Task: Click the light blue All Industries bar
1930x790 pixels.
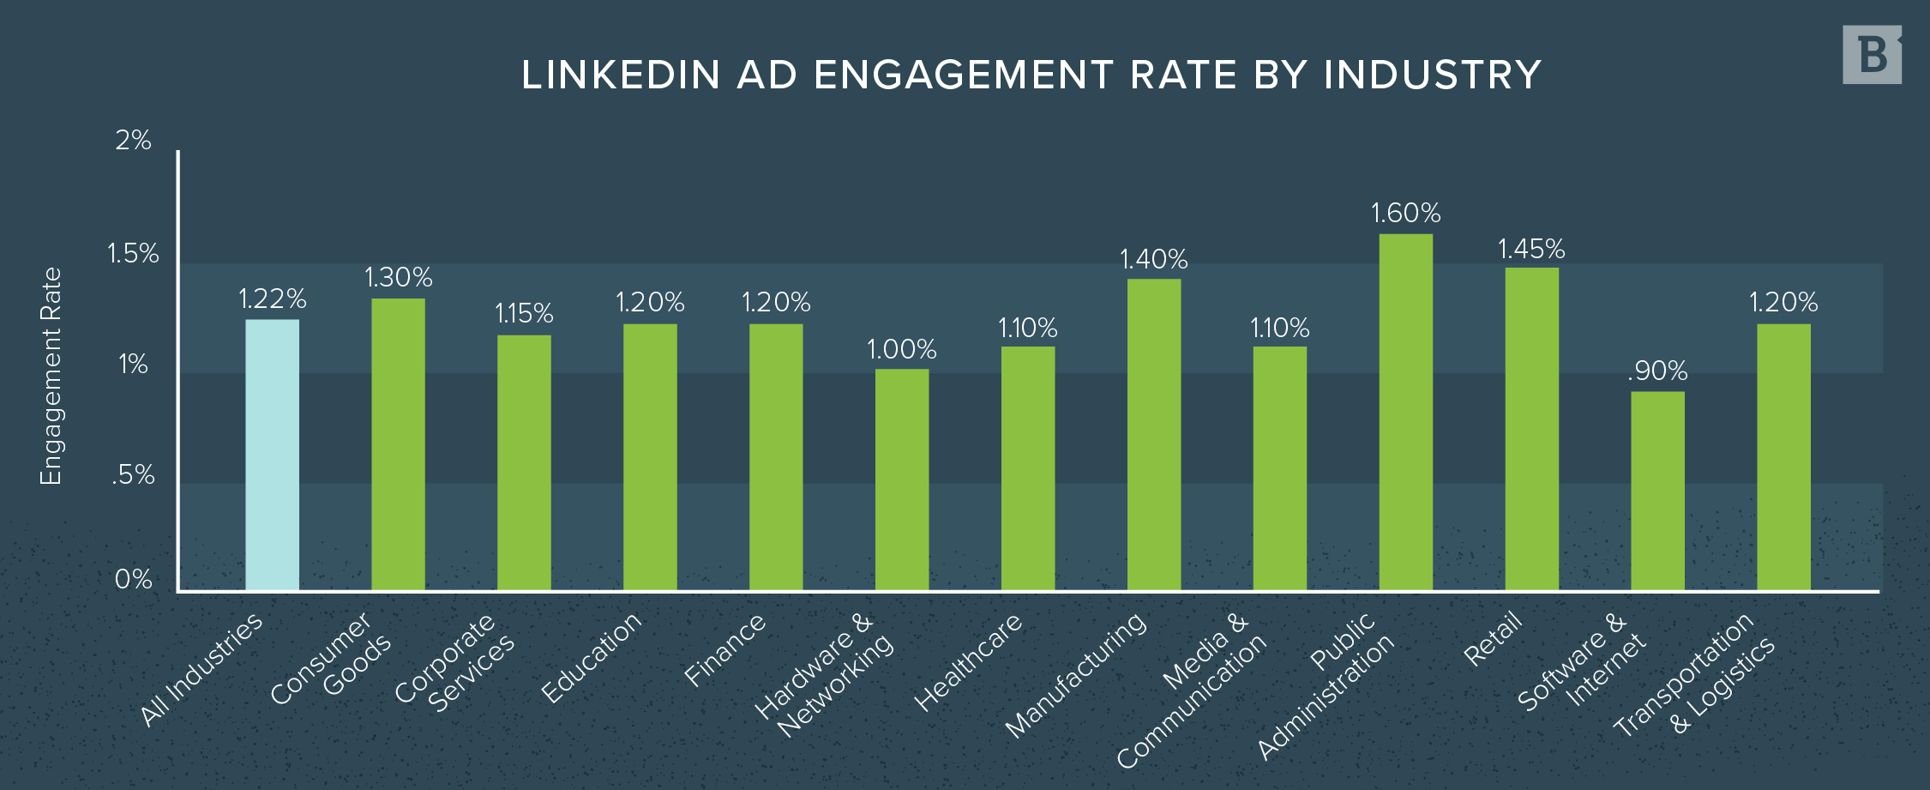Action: [272, 455]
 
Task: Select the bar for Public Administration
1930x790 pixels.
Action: [1405, 412]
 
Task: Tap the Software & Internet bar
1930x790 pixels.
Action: [1657, 491]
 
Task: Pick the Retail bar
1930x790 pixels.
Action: [1531, 429]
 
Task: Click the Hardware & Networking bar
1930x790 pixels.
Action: [901, 479]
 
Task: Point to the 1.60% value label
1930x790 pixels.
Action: [1405, 213]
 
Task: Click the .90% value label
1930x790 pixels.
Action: [1657, 371]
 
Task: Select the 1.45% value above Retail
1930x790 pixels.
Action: [1531, 250]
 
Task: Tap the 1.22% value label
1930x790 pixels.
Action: [272, 299]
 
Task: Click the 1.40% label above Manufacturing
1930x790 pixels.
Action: [1153, 259]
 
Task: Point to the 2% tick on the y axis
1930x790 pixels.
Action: [134, 140]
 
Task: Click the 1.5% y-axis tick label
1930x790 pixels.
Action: [133, 253]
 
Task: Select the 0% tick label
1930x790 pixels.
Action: [134, 579]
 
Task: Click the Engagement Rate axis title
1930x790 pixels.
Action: [51, 376]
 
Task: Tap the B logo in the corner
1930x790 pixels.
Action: [1872, 55]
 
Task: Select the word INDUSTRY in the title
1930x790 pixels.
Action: [1432, 75]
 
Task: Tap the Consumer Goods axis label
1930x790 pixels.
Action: [331, 659]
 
